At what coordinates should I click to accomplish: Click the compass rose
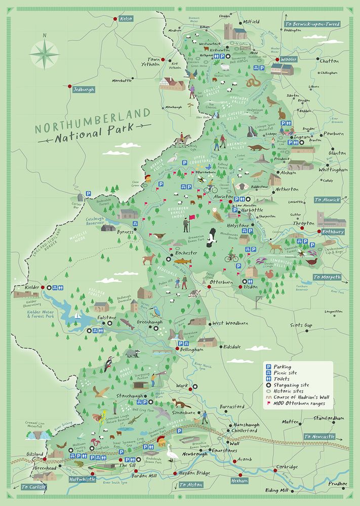pyautogui.click(x=44, y=55)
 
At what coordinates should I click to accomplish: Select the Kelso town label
pyautogui.click(x=126, y=19)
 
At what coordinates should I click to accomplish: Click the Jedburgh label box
pyautogui.click(x=84, y=90)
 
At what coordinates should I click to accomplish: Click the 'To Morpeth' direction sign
pyautogui.click(x=327, y=277)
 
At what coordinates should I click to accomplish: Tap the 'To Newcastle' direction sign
pyautogui.click(x=319, y=436)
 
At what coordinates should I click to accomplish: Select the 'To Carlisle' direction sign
pyautogui.click(x=34, y=487)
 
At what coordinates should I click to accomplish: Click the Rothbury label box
pyautogui.click(x=332, y=232)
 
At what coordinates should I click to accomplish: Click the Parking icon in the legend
pyautogui.click(x=269, y=366)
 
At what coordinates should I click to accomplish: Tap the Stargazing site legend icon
pyautogui.click(x=269, y=384)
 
